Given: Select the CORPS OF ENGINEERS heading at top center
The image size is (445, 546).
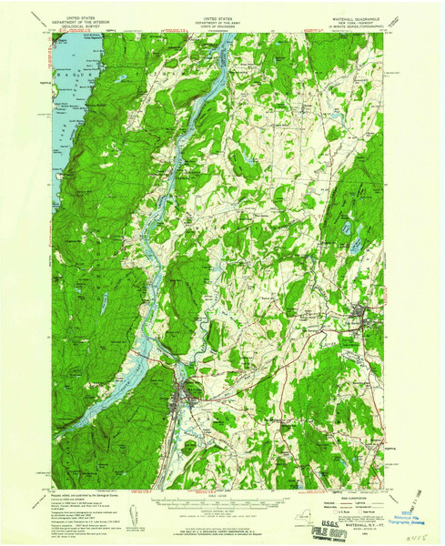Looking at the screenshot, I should tap(223, 26).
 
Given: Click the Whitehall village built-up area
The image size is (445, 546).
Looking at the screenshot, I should tap(188, 395).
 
